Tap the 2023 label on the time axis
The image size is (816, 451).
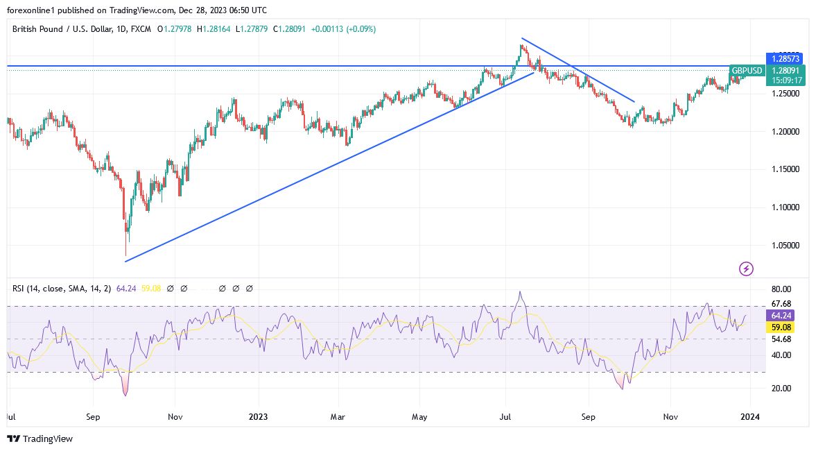[x=258, y=417]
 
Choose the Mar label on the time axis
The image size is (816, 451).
[x=338, y=417]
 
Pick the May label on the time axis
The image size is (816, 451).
[x=419, y=417]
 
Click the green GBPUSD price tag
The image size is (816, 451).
[x=747, y=71]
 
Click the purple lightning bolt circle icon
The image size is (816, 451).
[x=746, y=269]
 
